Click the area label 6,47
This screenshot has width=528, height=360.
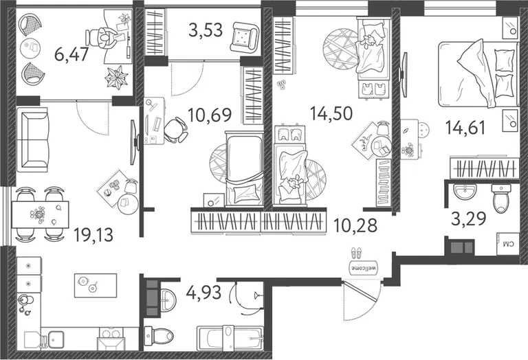(71, 54)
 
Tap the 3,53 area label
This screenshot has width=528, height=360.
(206, 30)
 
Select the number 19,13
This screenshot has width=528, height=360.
(93, 234)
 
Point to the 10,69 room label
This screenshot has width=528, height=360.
(210, 115)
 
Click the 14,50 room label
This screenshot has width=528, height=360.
(331, 113)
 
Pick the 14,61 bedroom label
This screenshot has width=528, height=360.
(465, 128)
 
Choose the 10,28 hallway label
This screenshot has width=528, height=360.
(355, 225)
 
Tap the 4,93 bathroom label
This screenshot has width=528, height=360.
(203, 292)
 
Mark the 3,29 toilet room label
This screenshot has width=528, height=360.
(468, 218)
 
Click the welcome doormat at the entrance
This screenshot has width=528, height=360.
(364, 268)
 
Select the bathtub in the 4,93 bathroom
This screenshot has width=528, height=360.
(230, 337)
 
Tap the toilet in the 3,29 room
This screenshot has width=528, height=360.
(501, 199)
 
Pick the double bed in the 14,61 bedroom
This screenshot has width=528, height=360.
(478, 74)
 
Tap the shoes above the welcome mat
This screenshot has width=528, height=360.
(356, 252)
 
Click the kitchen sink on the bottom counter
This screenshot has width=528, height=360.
(56, 339)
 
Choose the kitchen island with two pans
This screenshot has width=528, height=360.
(96, 285)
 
